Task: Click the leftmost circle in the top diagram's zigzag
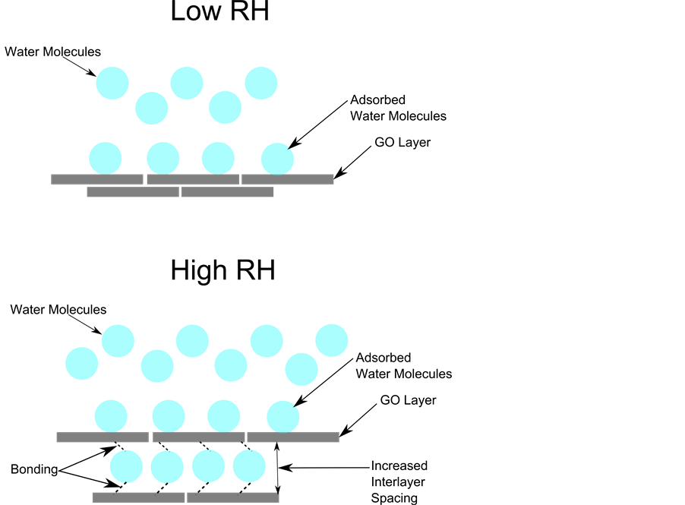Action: (x=112, y=84)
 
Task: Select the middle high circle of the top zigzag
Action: (x=187, y=84)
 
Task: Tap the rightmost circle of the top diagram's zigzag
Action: (x=261, y=84)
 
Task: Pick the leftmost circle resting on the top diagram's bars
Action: (x=106, y=159)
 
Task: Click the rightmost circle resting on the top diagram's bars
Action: (x=277, y=159)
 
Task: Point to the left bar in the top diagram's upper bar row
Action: (x=97, y=179)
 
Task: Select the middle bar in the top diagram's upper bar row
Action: (x=193, y=179)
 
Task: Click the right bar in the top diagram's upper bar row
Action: (x=288, y=179)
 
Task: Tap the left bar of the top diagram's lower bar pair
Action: (x=133, y=192)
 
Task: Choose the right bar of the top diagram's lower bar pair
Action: (x=227, y=192)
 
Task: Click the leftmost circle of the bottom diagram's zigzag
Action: (x=82, y=364)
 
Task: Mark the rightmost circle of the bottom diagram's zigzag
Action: (x=332, y=340)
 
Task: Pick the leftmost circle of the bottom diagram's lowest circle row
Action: (x=126, y=466)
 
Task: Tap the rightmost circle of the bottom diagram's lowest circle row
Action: (x=249, y=466)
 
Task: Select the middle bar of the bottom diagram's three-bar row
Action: (x=198, y=437)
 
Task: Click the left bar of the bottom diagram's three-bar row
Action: (x=103, y=437)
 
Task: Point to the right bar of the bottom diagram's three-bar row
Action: (x=293, y=437)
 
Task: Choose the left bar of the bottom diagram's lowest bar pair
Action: (x=138, y=497)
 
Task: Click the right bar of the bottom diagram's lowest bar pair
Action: (x=233, y=497)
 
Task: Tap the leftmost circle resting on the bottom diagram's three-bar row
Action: (x=111, y=416)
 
